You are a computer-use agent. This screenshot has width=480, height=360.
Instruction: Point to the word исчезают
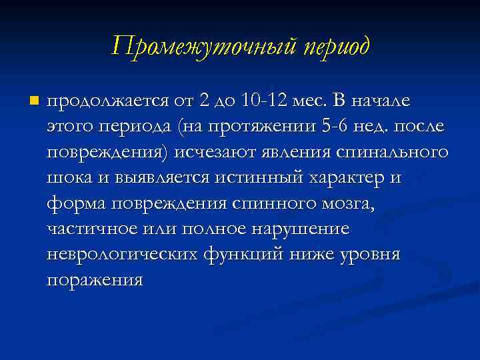pyautogui.click(x=213, y=153)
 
